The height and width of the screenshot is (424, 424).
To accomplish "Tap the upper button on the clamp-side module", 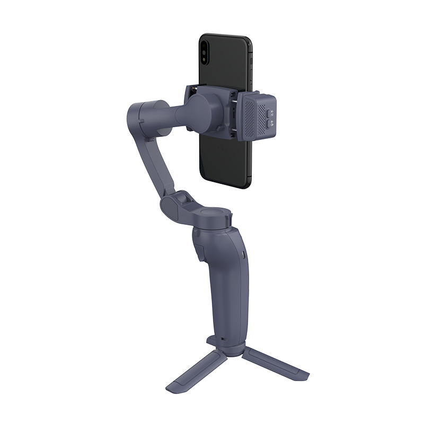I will (269, 112).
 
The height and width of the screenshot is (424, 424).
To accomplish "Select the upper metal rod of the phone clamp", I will (234, 95).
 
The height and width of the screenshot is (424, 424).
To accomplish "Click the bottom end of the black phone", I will (223, 183).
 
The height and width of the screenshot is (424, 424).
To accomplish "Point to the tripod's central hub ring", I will (227, 348).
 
